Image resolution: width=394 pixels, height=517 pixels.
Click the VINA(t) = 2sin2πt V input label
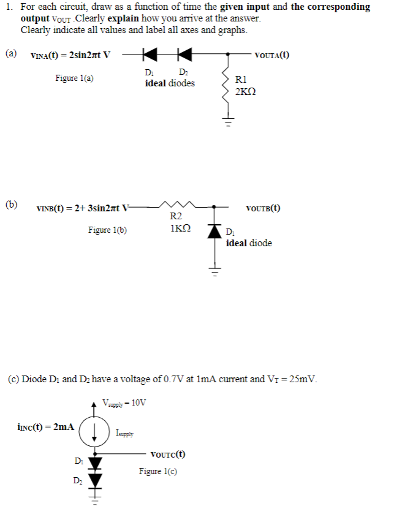70,55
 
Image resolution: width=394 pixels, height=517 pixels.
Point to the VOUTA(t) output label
273,55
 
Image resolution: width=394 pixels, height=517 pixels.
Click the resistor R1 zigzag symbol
229,86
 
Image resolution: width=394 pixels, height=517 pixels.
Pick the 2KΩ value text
246,91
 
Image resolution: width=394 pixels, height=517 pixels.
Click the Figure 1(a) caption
75,78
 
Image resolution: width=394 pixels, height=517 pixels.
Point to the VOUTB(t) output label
263,208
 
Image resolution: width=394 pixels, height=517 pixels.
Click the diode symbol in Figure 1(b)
214,232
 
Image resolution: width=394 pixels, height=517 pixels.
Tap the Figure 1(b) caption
108,230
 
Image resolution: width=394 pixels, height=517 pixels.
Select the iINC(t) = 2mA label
46,426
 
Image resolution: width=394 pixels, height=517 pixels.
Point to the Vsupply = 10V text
125,402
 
